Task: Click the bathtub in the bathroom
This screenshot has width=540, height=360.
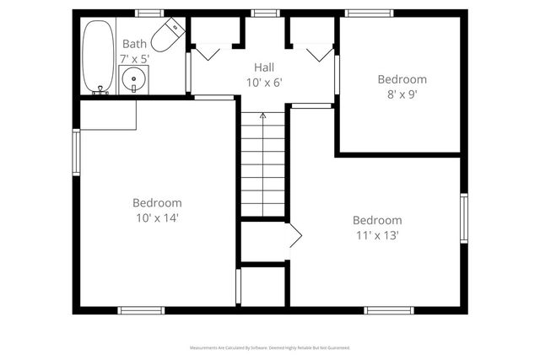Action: coord(97,56)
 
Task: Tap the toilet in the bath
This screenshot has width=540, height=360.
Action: coord(169,35)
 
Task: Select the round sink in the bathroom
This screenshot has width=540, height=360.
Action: coord(133,82)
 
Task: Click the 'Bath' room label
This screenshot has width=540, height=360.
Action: coord(134,44)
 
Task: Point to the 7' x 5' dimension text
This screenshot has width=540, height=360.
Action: coord(134,58)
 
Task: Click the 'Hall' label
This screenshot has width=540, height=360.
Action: coord(264,67)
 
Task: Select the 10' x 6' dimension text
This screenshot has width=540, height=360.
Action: coord(264,82)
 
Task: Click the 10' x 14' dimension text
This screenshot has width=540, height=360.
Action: coord(157,218)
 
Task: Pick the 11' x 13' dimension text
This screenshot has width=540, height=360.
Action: coord(376,235)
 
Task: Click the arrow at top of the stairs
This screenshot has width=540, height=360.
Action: coord(262,116)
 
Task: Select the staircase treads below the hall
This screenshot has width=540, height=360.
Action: coord(263,164)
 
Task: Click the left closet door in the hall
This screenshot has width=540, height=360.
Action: coord(207,52)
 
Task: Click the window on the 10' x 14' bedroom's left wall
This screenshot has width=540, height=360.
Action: coord(76,152)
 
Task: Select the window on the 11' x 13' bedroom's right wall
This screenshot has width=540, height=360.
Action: coord(463,218)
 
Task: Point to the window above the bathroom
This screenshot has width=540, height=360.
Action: coord(149,13)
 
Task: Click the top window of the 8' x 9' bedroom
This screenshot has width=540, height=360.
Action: coord(369,13)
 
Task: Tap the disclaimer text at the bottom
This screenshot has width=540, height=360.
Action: coord(270,347)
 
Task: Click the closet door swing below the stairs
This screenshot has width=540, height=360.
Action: coord(294,239)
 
